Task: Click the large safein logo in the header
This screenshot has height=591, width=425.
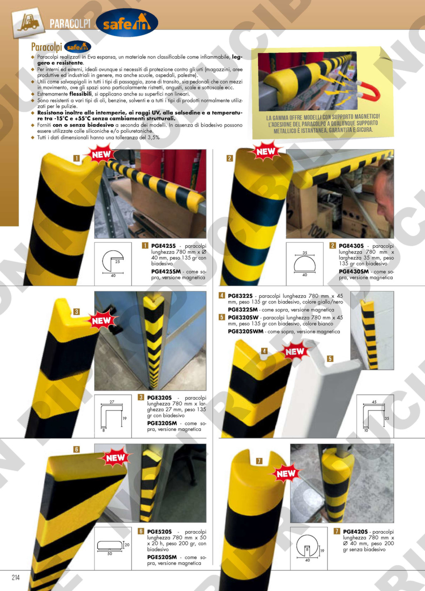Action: [127, 23]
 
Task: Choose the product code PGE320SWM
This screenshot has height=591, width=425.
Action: [246, 331]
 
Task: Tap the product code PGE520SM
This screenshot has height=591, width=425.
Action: [162, 557]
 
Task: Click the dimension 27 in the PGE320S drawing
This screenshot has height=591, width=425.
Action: [112, 402]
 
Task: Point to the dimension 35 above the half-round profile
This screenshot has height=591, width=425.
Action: [305, 252]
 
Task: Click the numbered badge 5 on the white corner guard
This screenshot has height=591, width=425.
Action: [330, 359]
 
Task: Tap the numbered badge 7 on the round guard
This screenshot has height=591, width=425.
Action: [259, 461]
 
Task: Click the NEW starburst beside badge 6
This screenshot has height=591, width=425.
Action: [115, 458]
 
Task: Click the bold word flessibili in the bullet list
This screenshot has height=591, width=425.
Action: [81, 94]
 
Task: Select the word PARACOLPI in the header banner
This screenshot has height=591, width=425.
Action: [70, 24]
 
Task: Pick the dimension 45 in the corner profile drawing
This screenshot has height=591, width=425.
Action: [374, 402]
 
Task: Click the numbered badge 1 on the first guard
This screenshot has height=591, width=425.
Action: [76, 158]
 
